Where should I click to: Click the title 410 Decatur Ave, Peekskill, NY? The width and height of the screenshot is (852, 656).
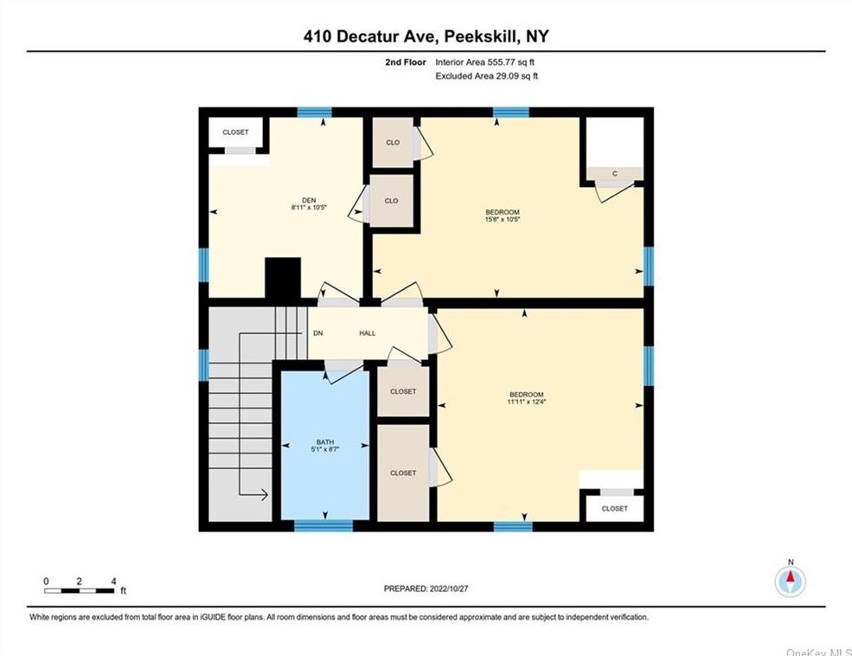426,36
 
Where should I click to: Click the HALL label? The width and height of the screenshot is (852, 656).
368,333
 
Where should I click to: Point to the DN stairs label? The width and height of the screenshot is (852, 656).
317,333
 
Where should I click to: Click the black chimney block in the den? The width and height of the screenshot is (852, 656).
281,279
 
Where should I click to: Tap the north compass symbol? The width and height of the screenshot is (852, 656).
790,580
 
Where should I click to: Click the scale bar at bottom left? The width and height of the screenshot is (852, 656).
80,590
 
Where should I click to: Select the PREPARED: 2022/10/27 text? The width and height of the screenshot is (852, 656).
426,588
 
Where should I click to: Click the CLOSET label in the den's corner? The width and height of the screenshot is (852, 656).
235,132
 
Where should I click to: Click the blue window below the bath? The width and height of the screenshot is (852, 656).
323,525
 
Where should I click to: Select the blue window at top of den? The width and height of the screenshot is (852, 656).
315,112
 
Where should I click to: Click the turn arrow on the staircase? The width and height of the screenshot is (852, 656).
255,495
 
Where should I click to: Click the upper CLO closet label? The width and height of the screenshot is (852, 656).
393,142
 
